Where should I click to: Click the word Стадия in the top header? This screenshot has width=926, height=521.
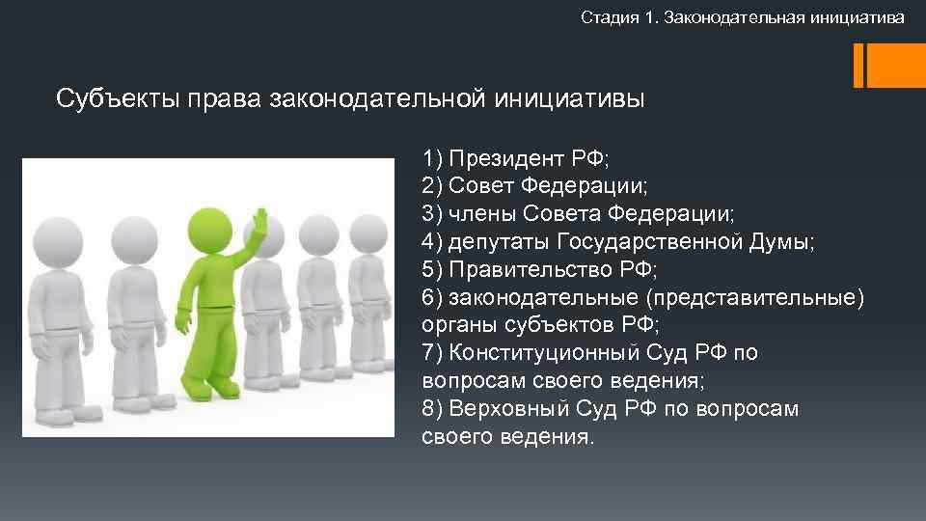(x=606, y=17)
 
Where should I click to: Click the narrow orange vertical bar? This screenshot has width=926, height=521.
(x=858, y=65)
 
